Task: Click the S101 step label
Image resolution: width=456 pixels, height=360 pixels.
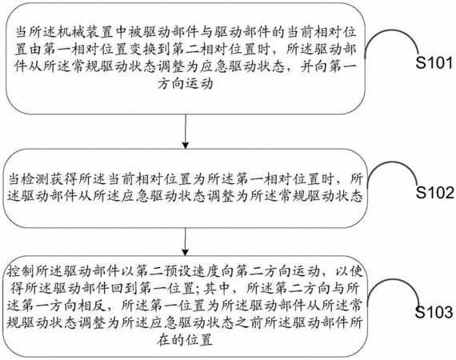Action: [x=434, y=63]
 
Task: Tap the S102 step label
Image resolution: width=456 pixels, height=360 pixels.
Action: [x=434, y=193]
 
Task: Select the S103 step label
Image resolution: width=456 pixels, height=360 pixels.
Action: [x=434, y=312]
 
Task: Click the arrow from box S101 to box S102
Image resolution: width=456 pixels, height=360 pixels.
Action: [x=186, y=131]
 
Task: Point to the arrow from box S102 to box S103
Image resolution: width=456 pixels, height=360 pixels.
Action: [x=186, y=242]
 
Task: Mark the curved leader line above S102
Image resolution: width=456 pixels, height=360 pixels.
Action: [x=393, y=162]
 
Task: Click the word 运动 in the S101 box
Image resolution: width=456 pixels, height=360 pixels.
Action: [x=199, y=84]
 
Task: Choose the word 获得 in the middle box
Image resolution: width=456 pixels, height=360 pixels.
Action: [x=63, y=179]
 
